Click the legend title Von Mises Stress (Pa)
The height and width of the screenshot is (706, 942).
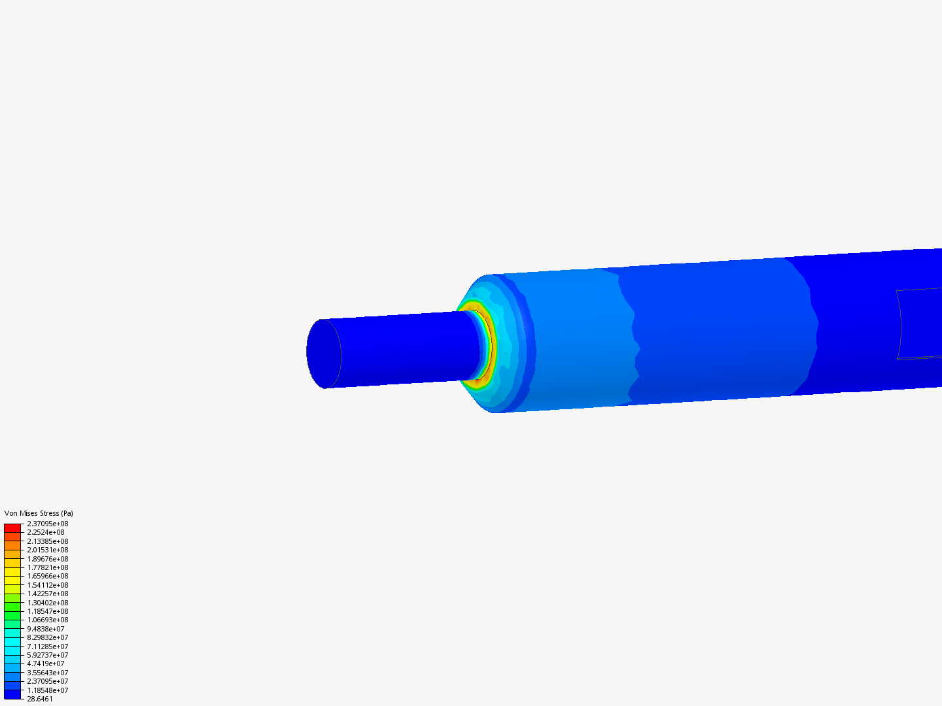coord(39,513)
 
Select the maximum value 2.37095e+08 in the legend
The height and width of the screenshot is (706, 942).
coord(48,524)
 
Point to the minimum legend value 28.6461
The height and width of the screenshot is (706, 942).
coord(40,699)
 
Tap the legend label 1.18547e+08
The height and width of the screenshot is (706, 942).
coord(48,611)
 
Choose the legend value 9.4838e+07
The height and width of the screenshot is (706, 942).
coord(46,629)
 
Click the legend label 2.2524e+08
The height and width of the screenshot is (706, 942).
coord(46,532)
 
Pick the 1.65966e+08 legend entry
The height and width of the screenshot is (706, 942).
coord(48,576)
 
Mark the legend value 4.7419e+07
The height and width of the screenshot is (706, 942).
coord(46,664)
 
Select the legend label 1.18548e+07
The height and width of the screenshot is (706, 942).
coord(48,690)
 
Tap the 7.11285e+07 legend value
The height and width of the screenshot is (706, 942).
coord(48,647)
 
